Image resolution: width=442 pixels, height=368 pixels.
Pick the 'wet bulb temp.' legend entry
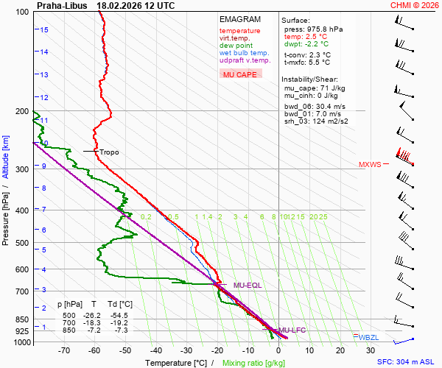(244, 53)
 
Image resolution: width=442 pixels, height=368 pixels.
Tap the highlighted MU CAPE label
(239, 74)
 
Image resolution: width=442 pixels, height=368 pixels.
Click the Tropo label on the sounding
(109, 152)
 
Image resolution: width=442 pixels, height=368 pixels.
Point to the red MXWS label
(370, 165)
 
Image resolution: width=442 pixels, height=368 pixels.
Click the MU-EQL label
(248, 285)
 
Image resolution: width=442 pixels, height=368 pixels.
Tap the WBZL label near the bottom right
(369, 337)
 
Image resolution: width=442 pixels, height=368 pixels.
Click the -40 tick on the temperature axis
(156, 351)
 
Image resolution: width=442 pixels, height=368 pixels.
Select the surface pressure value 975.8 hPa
(324, 29)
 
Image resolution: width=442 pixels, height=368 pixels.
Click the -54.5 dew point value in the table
(120, 315)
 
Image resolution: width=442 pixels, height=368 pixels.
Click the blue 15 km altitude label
(44, 30)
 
